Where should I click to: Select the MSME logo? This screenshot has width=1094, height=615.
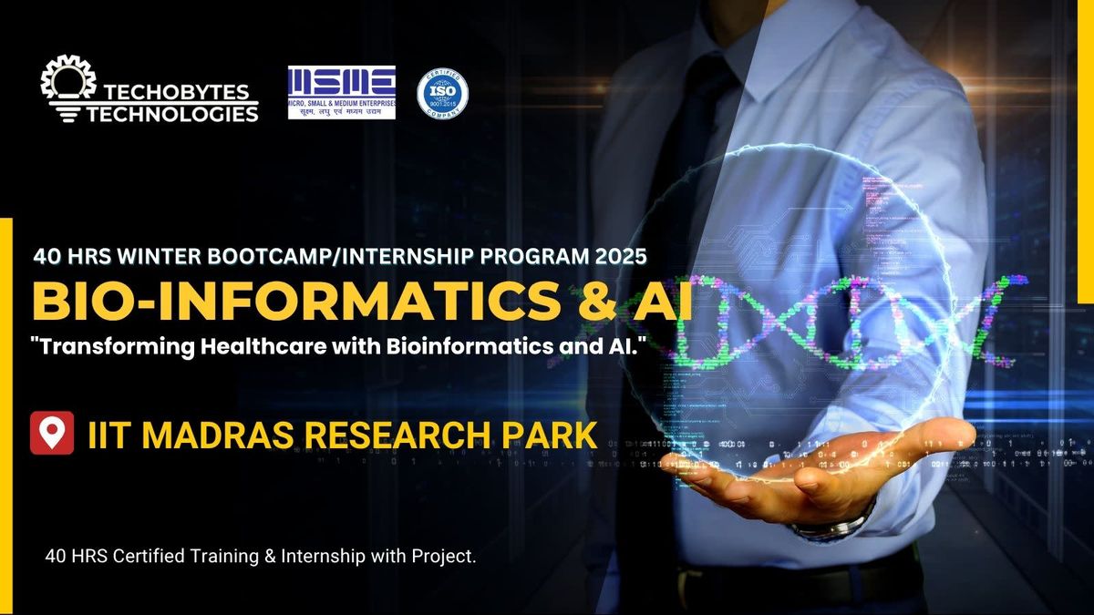click(341, 92)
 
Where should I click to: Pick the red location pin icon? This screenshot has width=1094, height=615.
click(52, 433)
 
